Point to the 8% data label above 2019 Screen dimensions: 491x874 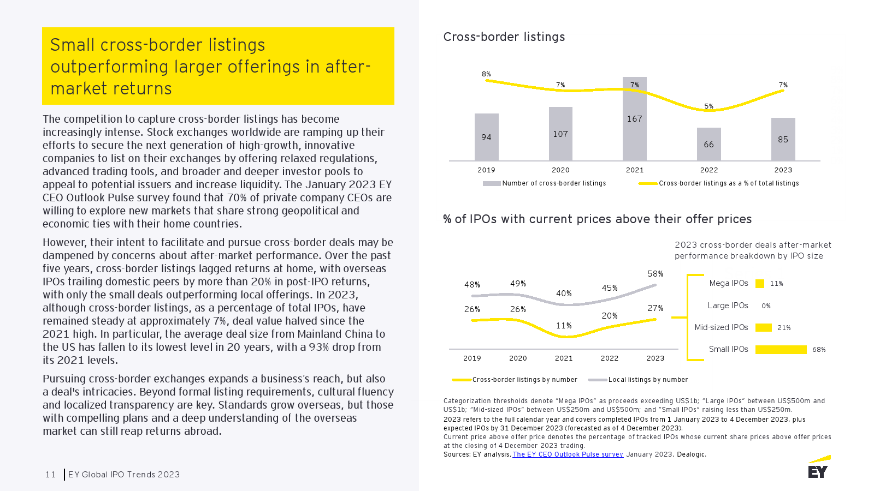tap(486, 74)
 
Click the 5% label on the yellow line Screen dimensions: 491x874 tap(708, 106)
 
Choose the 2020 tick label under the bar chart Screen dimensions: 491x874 tap(560, 170)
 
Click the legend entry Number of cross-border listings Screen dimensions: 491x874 tap(553, 183)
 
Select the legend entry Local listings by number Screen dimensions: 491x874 tap(648, 380)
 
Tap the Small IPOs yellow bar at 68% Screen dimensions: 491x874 tap(781, 350)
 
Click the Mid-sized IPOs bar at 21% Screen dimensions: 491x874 tap(763, 328)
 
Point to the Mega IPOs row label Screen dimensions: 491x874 tap(728, 283)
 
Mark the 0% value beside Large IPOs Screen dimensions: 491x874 tap(766, 306)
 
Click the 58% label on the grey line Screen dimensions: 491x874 tap(655, 274)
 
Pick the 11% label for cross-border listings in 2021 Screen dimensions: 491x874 tap(564, 326)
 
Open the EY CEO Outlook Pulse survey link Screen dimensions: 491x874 tap(568, 454)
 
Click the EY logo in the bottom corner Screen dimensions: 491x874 tap(818, 468)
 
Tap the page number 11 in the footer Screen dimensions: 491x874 tap(50, 475)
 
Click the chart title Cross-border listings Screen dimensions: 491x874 tap(504, 37)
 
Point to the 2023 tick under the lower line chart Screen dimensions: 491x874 tap(655, 358)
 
